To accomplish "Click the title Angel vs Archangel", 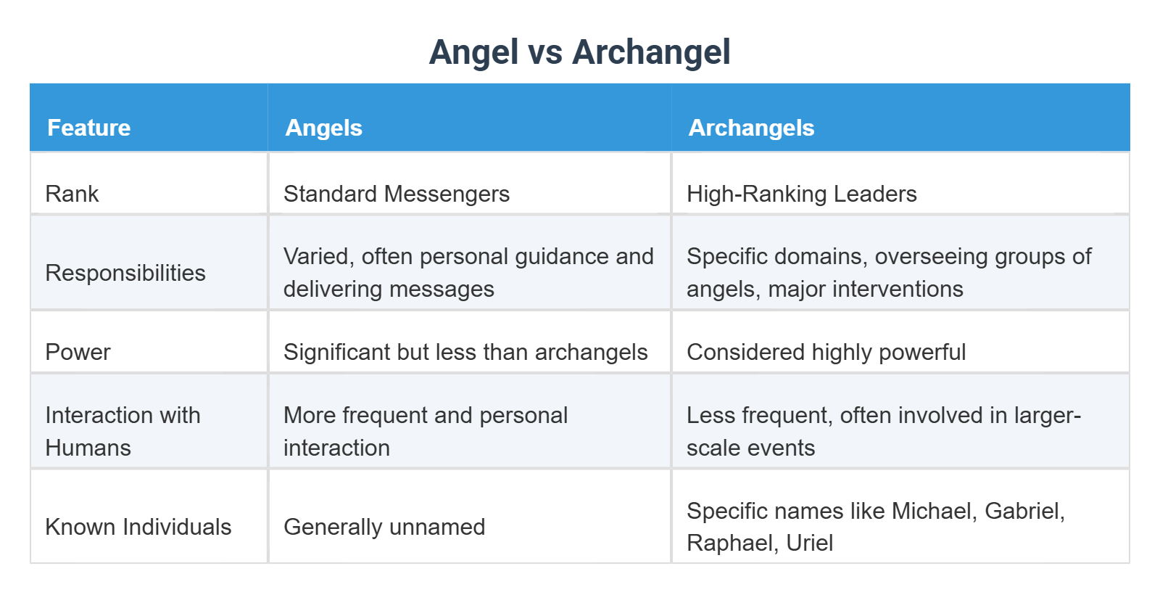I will point(579,52).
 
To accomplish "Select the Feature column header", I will point(88,128).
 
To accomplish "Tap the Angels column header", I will point(323,128).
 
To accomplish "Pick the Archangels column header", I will point(751,128).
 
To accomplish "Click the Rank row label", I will point(72,194).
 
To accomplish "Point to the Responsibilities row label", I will point(125,273).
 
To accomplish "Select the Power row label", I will point(78,352).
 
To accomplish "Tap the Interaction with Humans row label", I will point(123,431).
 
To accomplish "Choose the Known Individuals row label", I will point(138,527).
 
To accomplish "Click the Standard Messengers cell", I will point(397,194).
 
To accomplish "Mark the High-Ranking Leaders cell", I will point(801,194).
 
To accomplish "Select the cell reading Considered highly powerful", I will point(826,352).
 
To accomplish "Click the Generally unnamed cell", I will point(384,527).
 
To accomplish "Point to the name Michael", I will point(934,511).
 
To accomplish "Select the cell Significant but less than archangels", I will point(465,352).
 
